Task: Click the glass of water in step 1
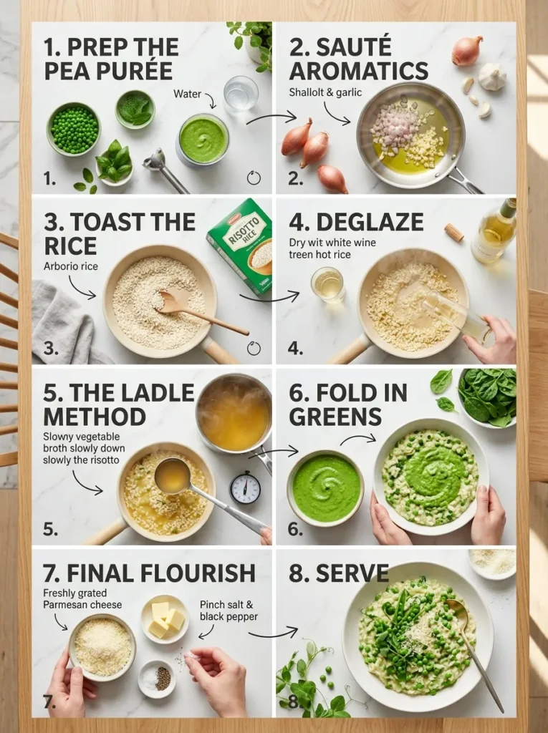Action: pos(241,92)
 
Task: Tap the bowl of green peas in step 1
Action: pos(74,129)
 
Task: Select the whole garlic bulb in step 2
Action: pos(493,77)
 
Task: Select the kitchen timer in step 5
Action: pos(245,487)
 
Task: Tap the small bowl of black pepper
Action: pos(157,677)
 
